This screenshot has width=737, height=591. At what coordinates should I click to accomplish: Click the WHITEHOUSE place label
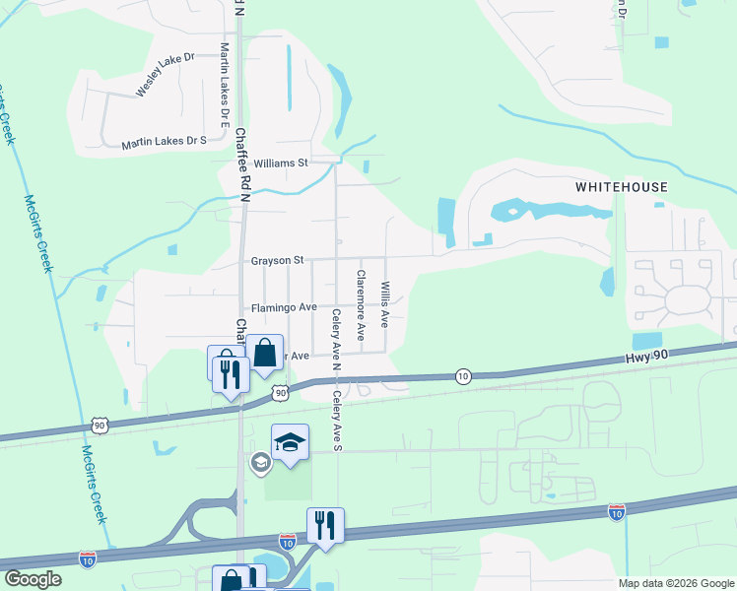pos(621,187)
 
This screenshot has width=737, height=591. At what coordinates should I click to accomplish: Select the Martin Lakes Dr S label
pos(164,143)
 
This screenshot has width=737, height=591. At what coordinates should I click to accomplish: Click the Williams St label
pos(281,163)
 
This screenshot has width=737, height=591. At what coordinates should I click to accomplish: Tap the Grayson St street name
pos(277,261)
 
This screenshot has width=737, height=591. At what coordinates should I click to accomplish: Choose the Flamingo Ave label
pos(283,307)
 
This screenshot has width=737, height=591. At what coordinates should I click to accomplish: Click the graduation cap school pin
pos(291,442)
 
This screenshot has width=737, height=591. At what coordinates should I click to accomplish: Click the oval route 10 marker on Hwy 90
pos(463,375)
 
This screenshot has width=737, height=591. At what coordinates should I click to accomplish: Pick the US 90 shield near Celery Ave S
pos(281,392)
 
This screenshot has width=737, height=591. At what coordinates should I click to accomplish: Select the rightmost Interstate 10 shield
pos(616,512)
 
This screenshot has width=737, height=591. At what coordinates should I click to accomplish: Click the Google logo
pos(33,579)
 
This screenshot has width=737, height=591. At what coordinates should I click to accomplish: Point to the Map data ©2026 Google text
pos(675,583)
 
